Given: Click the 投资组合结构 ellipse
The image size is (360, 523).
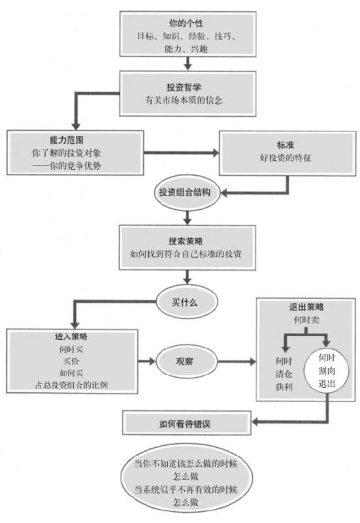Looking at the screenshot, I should click(186, 193).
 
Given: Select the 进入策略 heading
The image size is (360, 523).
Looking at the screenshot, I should click(72, 337).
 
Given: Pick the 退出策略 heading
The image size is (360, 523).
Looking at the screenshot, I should click(306, 306).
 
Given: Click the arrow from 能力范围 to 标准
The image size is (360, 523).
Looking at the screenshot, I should click(180, 153).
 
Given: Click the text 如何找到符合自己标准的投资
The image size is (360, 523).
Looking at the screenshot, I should click(185, 254).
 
